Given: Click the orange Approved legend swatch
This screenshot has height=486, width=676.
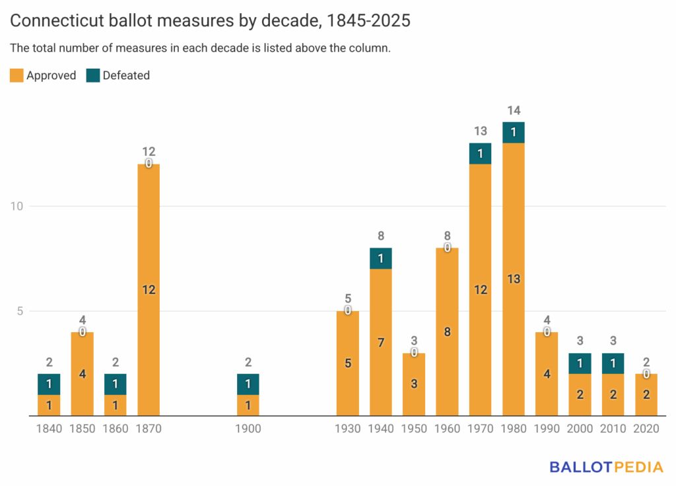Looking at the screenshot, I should click(17, 75).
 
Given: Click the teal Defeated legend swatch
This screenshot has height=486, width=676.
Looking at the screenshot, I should click(93, 75).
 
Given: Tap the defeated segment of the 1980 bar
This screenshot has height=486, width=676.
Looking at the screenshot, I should click(514, 132).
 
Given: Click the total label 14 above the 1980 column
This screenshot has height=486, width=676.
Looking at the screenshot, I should click(514, 110).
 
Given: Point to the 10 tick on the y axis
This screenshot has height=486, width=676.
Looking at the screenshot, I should click(16, 206).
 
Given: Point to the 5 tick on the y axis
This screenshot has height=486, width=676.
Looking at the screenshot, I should click(19, 311).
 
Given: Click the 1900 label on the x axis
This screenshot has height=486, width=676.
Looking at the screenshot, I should click(248, 429).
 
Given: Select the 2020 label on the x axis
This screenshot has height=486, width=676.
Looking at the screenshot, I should click(646, 429).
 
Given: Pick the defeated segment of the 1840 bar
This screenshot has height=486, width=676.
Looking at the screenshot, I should click(49, 384).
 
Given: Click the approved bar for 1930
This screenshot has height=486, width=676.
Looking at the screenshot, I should click(348, 363).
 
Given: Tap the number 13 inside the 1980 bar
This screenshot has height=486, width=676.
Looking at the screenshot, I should click(514, 279).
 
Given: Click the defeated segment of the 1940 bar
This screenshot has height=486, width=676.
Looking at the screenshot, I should click(381, 258).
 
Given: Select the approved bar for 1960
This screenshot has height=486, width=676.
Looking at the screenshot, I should click(448, 332).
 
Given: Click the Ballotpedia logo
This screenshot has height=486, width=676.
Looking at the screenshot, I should click(606, 467).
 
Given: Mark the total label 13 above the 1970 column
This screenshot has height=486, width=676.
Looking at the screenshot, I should click(481, 131).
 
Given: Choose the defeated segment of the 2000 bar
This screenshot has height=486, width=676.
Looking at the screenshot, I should click(580, 363).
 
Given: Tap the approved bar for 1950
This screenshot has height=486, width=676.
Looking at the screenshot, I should click(414, 384).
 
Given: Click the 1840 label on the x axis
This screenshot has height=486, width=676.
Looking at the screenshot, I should click(49, 429).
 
